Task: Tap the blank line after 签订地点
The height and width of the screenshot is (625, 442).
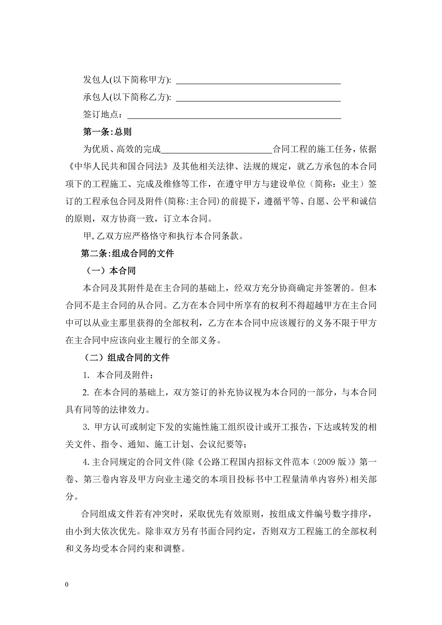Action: click(x=234, y=116)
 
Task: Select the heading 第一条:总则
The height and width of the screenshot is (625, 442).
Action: click(x=107, y=132)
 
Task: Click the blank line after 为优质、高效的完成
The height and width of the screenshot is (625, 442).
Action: click(x=216, y=151)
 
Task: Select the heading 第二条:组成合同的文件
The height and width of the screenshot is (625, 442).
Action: click(x=127, y=253)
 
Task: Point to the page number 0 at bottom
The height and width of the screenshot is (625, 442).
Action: click(x=67, y=584)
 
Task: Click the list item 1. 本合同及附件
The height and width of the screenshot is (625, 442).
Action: click(x=118, y=375)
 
